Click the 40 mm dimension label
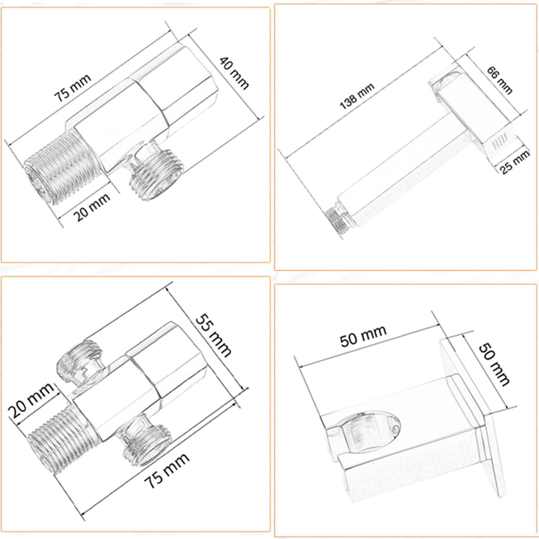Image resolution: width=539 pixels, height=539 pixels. pos(234,73)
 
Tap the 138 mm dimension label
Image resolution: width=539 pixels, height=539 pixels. pos(357,96)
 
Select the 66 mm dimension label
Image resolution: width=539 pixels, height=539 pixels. pos(500,80)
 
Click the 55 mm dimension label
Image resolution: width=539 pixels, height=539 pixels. pos(214,335)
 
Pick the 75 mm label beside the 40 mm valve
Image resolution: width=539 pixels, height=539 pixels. pos(73,88)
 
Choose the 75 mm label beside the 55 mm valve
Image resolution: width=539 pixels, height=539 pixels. pos(166,471)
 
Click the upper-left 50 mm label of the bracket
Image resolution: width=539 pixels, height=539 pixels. pos(363,336)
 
